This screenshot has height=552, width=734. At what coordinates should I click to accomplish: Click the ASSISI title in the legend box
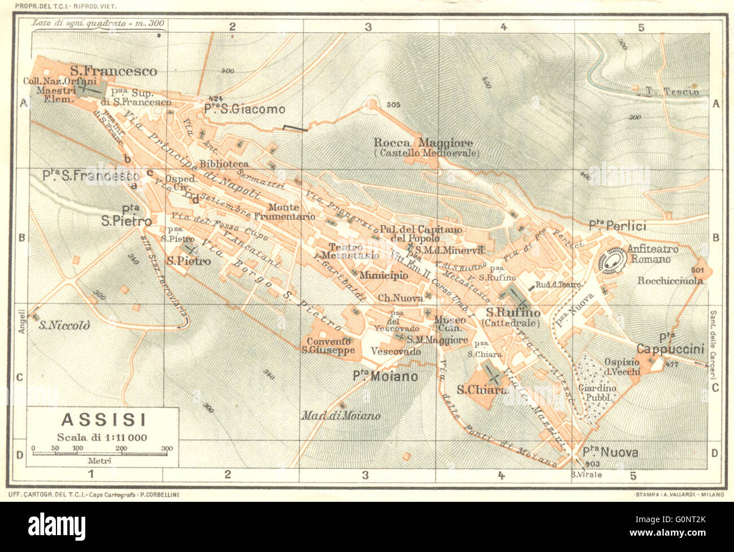pyautogui.click(x=95, y=419)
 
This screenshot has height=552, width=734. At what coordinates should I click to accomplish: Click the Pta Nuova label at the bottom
pyautogui.click(x=610, y=452)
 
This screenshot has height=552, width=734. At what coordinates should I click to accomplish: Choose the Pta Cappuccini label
pyautogui.click(x=670, y=345)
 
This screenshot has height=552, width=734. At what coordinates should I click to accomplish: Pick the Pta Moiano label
pyautogui.click(x=385, y=376)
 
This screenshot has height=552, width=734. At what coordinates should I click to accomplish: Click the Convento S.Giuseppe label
pyautogui.click(x=328, y=346)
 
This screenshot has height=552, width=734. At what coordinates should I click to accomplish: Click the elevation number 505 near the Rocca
pyautogui.click(x=394, y=105)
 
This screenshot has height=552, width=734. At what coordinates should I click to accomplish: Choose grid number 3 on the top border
pyautogui.click(x=368, y=27)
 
